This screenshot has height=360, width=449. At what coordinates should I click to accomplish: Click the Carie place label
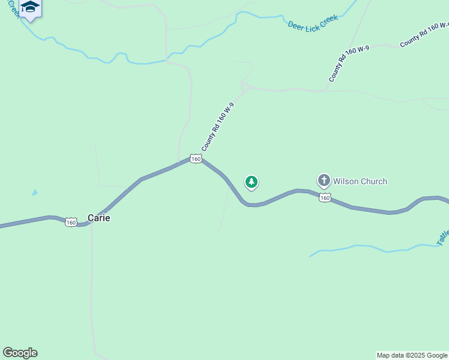pos(99,218)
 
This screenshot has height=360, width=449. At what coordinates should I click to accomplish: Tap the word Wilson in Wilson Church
pos(346,181)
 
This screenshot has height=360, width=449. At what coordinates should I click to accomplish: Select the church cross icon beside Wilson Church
pos(324,181)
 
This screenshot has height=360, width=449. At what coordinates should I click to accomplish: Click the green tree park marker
pos(252,182)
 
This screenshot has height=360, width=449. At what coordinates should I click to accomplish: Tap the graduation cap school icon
pos(29,7)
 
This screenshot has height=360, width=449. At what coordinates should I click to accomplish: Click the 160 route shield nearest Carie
pos(71,223)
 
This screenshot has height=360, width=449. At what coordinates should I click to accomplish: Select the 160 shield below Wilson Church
pos(325,198)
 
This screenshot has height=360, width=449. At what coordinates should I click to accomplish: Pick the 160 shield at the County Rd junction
pos(195,158)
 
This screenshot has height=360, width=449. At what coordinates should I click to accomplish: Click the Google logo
pos(20,353)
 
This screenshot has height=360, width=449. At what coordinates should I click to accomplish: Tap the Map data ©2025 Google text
pos(412,355)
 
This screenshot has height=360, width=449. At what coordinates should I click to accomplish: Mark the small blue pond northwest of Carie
pos(35,193)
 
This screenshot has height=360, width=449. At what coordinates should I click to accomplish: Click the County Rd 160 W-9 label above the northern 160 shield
pos(217,127)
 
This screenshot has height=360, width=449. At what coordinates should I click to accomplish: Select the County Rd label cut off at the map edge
pos(424,35)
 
